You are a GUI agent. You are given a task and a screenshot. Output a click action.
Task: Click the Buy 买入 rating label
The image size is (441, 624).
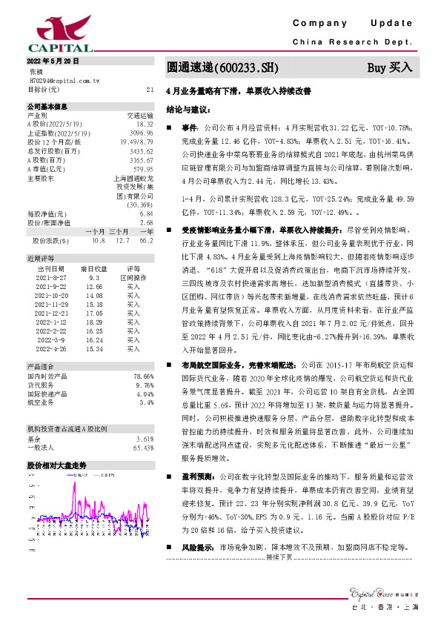pos(390,67)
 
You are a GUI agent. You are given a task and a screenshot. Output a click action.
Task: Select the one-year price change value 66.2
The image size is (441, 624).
pos(146,240)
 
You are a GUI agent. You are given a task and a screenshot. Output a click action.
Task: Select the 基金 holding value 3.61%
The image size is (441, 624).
pos(144,439)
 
